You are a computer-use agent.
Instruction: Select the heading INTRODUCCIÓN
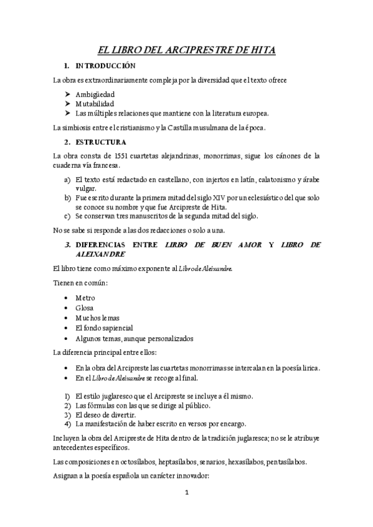(105, 65)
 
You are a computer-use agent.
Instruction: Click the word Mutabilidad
(95, 104)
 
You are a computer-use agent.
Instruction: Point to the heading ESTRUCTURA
(101, 142)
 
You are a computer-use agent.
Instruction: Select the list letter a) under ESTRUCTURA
(67, 179)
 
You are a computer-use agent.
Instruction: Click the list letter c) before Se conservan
(67, 216)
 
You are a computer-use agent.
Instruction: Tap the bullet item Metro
(85, 298)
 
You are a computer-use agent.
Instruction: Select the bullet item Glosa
(84, 308)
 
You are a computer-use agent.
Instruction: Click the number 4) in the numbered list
(67, 424)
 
